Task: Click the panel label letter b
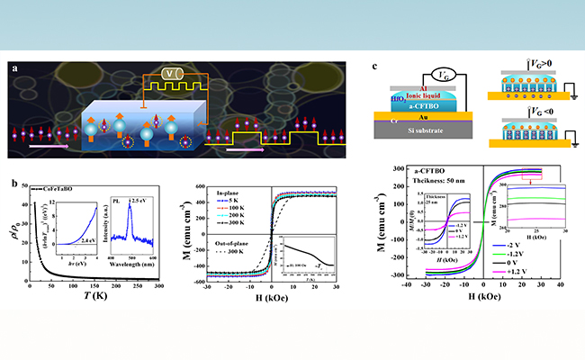click(x=13, y=185)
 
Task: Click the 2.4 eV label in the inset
click(x=87, y=240)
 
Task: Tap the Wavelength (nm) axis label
click(x=132, y=261)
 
